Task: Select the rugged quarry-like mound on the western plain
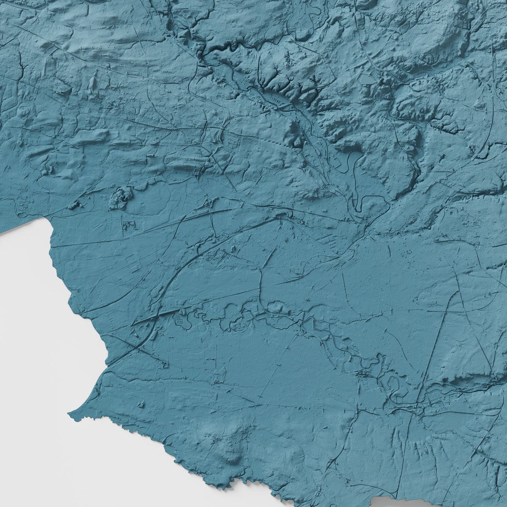point(121,198)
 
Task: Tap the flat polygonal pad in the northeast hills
point(365,79)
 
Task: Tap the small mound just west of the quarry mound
point(75,205)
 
